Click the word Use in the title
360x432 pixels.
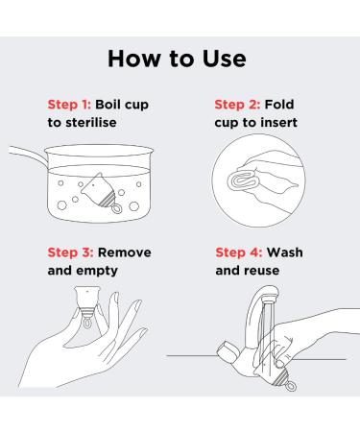coord(225,59)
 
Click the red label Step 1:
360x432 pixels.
coord(69,105)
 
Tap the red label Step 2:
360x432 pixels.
coord(237,105)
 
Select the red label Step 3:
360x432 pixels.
coord(70,252)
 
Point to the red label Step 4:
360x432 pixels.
coord(239,252)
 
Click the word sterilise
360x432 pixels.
coord(91,123)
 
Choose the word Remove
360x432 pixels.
coord(125,252)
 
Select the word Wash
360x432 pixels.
coord(285,252)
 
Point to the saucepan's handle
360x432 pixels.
coord(28,156)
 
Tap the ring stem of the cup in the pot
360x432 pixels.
coord(116,209)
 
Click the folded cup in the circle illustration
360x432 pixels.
coord(242,180)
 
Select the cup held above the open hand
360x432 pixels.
coord(87,306)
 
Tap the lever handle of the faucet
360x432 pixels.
coord(228,351)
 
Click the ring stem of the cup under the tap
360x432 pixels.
coord(290,386)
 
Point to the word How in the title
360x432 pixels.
coord(134,59)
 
